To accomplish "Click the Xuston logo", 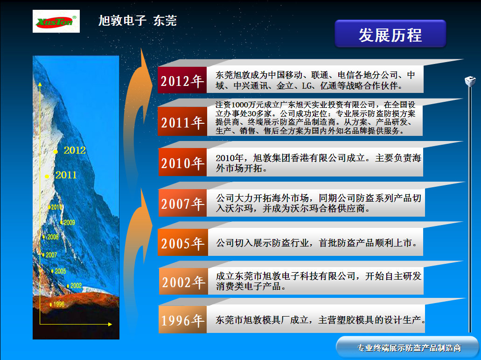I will [56, 21].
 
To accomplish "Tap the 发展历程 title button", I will [390, 35].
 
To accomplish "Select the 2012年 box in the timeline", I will [182, 81].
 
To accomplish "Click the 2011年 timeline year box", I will [182, 122].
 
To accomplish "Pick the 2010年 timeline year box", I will [182, 163].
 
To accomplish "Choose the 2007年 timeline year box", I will [182, 204].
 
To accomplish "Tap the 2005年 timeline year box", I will [182, 243].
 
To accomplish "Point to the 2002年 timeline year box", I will [183, 282].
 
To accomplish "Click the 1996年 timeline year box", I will [182, 320].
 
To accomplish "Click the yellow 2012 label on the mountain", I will [75, 150].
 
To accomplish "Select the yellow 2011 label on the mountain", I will [66, 176].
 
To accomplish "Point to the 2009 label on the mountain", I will [69, 223].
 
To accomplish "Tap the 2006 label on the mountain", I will [53, 237].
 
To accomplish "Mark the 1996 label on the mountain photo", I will [59, 304].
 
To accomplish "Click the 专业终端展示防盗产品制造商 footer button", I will [409, 348].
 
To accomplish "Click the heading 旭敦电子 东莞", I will [138, 21].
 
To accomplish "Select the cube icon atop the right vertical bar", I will [470, 81].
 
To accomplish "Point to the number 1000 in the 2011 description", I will [239, 104].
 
